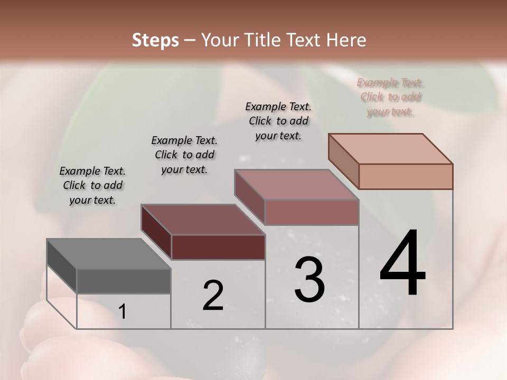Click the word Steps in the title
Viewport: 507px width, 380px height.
tap(155, 40)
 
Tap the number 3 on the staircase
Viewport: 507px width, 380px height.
tap(309, 280)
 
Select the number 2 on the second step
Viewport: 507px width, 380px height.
tap(213, 296)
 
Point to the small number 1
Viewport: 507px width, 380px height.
tap(123, 312)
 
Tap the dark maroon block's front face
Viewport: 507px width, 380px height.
tap(218, 248)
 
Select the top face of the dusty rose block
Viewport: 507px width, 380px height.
tap(296, 185)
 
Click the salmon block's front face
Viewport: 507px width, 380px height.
tap(406, 176)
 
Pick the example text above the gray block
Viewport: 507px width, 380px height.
tap(92, 185)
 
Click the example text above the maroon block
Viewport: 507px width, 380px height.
tap(184, 155)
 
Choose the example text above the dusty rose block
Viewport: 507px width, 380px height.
tap(278, 121)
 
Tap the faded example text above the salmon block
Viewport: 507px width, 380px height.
tap(390, 97)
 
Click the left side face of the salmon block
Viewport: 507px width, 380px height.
tap(344, 161)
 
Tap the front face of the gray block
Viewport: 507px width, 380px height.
tap(124, 281)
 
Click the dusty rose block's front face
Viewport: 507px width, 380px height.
tap(312, 212)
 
